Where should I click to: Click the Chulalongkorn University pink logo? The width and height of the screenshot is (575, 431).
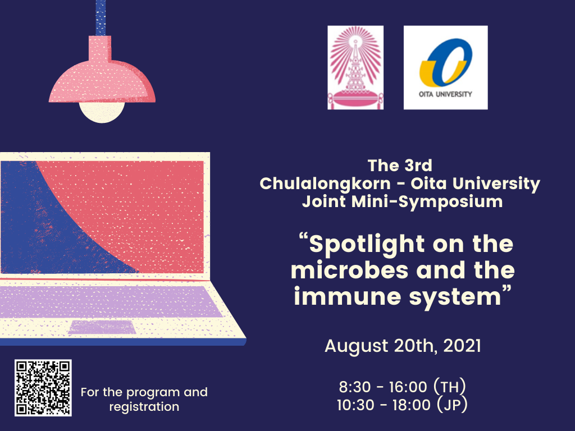point(355,67)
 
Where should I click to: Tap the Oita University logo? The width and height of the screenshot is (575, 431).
point(445,67)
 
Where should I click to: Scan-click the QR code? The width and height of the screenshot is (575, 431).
point(43,388)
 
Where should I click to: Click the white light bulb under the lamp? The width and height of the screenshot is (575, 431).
point(102,112)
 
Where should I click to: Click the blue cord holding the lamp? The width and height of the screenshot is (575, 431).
point(101,17)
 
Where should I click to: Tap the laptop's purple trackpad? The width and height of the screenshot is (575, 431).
point(102,327)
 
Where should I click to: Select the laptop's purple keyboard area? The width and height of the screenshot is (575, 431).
point(110,301)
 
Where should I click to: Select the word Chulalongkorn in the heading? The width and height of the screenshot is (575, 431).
point(325,184)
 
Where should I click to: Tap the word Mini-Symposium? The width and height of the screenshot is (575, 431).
point(427,201)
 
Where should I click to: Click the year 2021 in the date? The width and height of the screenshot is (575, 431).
point(462,346)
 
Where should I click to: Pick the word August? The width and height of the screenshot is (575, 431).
point(357,346)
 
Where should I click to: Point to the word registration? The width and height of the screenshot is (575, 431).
point(144,407)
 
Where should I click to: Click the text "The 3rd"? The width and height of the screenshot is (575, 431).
point(400,166)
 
